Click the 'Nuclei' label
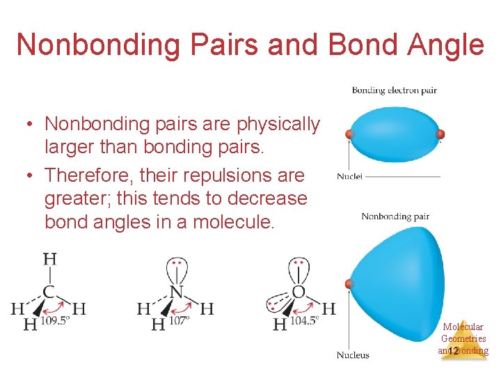pos(349,176)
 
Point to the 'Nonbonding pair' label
pos(395,217)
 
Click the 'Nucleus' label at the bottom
pos(353,355)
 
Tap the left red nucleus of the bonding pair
pos(350,134)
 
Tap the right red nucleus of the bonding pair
pos(440,134)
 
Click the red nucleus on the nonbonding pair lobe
pos(349,283)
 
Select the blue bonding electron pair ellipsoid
pos(395,134)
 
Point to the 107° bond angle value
pos(179,322)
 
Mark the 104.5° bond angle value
pos(305,320)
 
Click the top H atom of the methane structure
pos(50,260)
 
